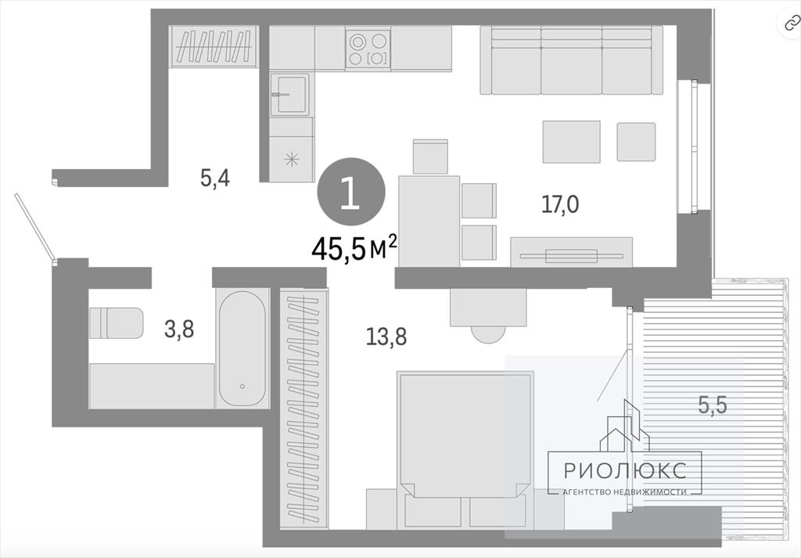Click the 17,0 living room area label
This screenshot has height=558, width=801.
[x=560, y=204]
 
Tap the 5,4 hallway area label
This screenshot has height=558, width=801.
[x=215, y=178]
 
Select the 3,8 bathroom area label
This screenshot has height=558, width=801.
[x=179, y=329]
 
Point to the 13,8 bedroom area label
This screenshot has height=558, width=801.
[x=386, y=337]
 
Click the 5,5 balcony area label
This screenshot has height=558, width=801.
[x=713, y=405]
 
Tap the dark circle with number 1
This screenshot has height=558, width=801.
[x=351, y=192]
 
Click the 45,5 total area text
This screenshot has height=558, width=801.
[x=354, y=248]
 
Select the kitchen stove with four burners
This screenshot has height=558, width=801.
[x=368, y=49]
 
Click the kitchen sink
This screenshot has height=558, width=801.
[x=289, y=94]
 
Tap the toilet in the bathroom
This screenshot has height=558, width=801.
[x=116, y=323]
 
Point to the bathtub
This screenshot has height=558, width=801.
[x=242, y=348]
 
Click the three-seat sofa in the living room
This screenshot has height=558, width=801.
[x=571, y=60]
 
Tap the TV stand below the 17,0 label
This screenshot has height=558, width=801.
[x=571, y=252]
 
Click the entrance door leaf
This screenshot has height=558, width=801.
[x=34, y=228]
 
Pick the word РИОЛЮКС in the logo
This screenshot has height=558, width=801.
[x=625, y=470]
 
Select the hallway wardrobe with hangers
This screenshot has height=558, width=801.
[x=214, y=46]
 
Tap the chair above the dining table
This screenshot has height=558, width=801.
[x=430, y=157]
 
